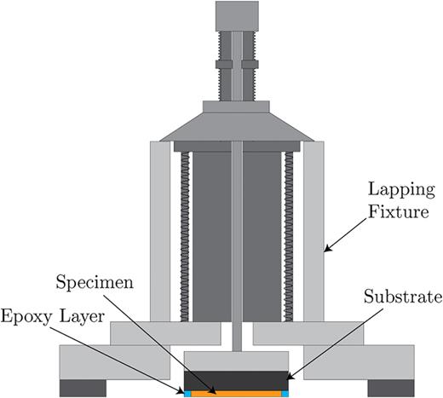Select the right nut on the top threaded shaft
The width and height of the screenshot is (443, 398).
pos(248,63)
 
